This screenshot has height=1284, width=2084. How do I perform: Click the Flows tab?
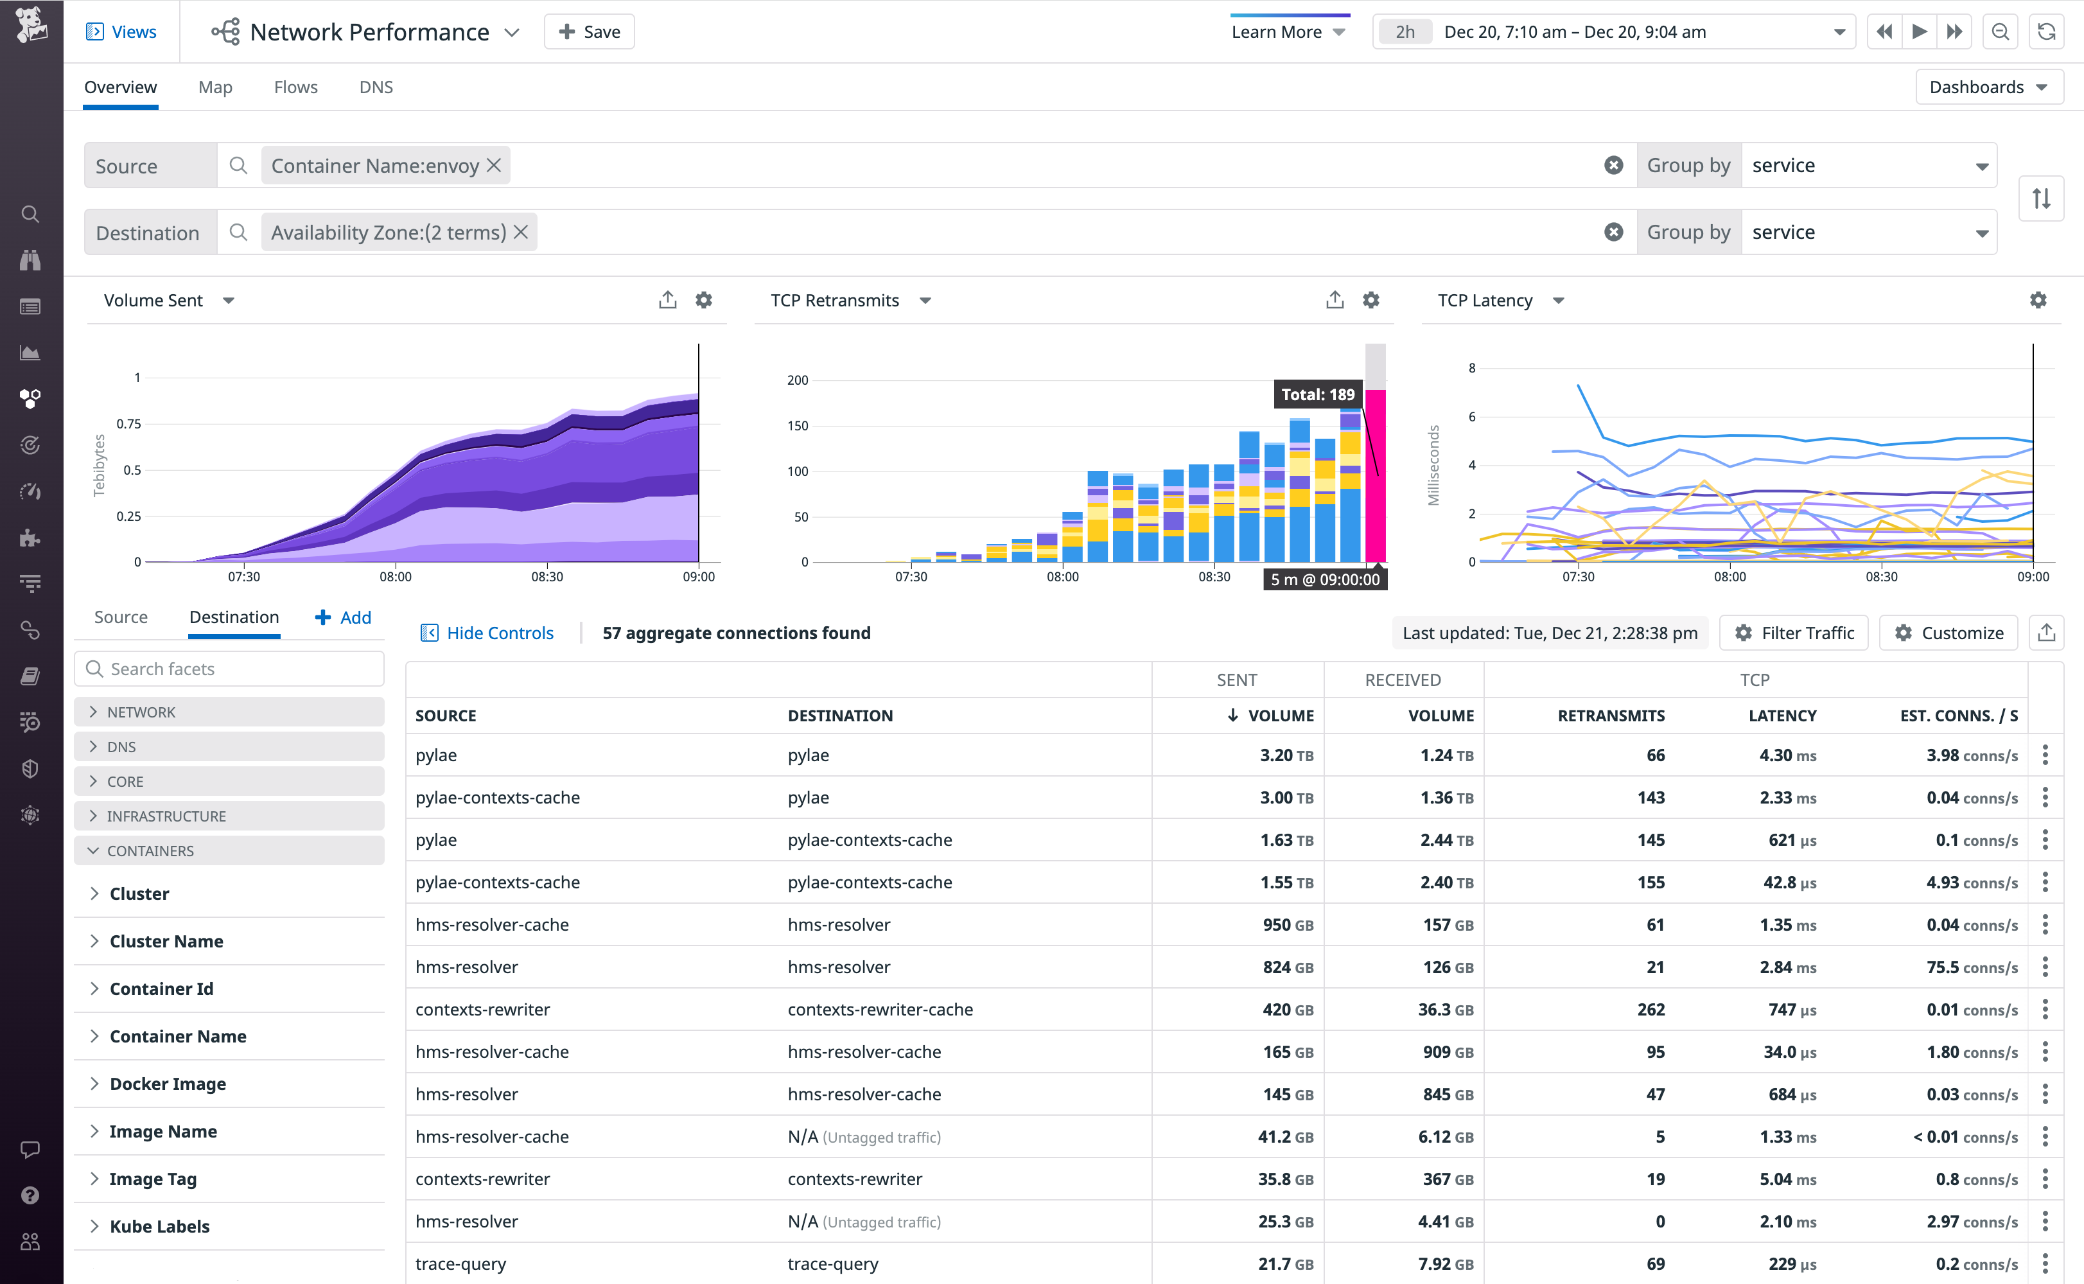point(295,87)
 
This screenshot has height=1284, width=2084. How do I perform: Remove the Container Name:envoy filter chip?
point(494,166)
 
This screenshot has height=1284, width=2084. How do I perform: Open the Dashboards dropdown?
point(1988,87)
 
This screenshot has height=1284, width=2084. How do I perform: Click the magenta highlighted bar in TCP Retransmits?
point(1375,475)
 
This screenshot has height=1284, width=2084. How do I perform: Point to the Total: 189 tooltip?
point(1317,394)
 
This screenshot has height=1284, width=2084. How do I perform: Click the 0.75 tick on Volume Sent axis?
point(129,424)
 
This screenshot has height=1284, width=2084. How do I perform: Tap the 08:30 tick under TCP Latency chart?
point(1881,577)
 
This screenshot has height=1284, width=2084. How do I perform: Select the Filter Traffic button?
point(1794,633)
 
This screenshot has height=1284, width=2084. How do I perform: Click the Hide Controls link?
point(487,633)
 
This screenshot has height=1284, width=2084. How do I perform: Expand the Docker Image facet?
point(167,1084)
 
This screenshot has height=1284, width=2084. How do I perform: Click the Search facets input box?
point(229,669)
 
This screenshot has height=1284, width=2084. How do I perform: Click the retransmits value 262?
point(1651,1010)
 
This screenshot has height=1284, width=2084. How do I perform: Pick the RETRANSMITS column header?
point(1610,716)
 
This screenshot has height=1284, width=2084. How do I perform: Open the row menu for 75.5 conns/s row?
point(2045,967)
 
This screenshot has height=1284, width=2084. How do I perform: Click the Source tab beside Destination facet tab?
point(121,617)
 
